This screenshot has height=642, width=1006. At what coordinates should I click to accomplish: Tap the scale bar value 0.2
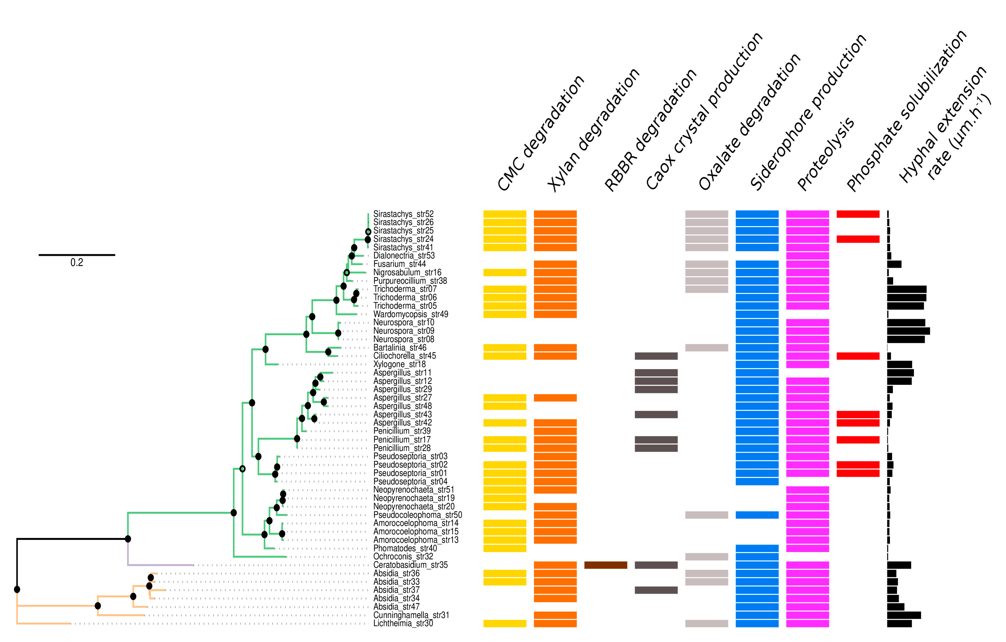77,262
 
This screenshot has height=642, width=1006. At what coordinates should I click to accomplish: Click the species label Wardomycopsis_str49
410,314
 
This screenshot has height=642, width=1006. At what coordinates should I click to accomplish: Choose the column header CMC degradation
541,134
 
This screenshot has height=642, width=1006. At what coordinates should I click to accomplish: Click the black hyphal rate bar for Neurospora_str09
908,331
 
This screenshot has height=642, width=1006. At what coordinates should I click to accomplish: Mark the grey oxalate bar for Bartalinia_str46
706,348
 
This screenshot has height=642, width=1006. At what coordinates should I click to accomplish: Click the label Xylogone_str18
399,364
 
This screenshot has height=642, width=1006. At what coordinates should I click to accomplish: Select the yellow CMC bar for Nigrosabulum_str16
505,272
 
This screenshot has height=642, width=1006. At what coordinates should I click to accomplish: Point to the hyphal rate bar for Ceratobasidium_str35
899,565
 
